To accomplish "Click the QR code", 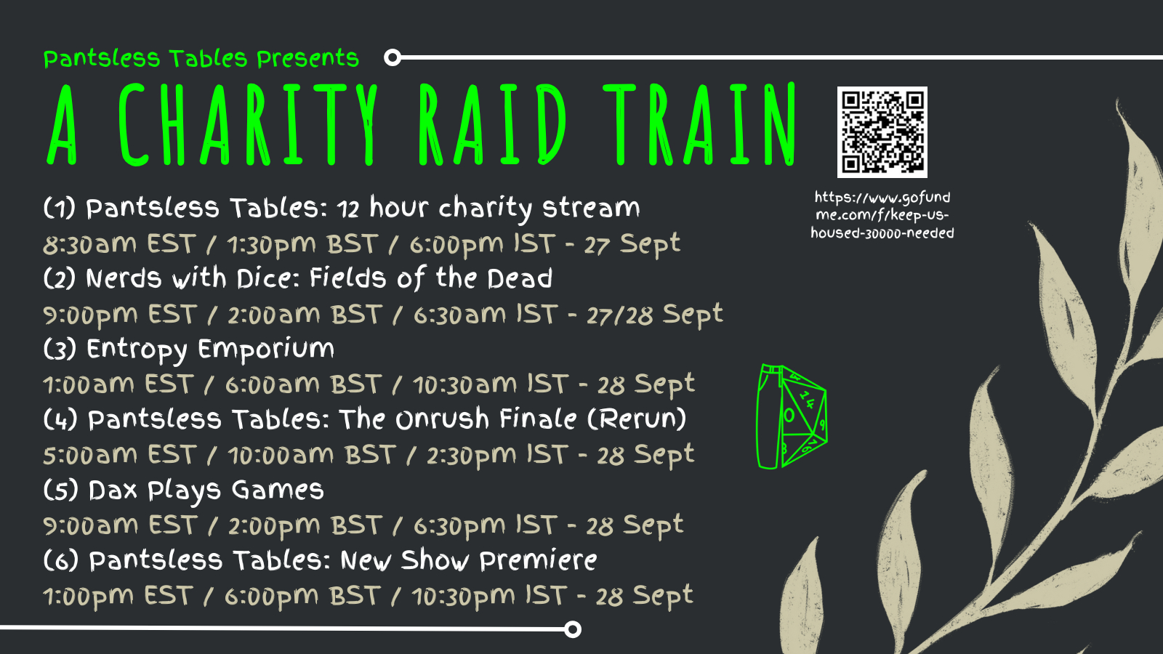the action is pyautogui.click(x=882, y=132).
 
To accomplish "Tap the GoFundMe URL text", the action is pyautogui.click(x=882, y=215).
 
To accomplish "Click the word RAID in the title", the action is pyautogui.click(x=492, y=124).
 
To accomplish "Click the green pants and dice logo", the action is pyautogui.click(x=792, y=416).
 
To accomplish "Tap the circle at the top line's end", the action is pyautogui.click(x=393, y=57).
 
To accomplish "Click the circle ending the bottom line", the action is pyautogui.click(x=573, y=629).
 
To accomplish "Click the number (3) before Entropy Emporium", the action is pyautogui.click(x=60, y=349).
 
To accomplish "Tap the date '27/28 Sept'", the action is pyautogui.click(x=655, y=315).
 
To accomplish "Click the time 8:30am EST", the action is pyautogui.click(x=119, y=244).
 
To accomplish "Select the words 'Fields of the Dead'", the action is pyautogui.click(x=430, y=278).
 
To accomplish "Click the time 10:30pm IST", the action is pyautogui.click(x=488, y=596).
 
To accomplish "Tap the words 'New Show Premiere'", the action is pyautogui.click(x=469, y=560).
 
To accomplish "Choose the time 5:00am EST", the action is pyautogui.click(x=119, y=455).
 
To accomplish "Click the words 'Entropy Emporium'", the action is pyautogui.click(x=210, y=350).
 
